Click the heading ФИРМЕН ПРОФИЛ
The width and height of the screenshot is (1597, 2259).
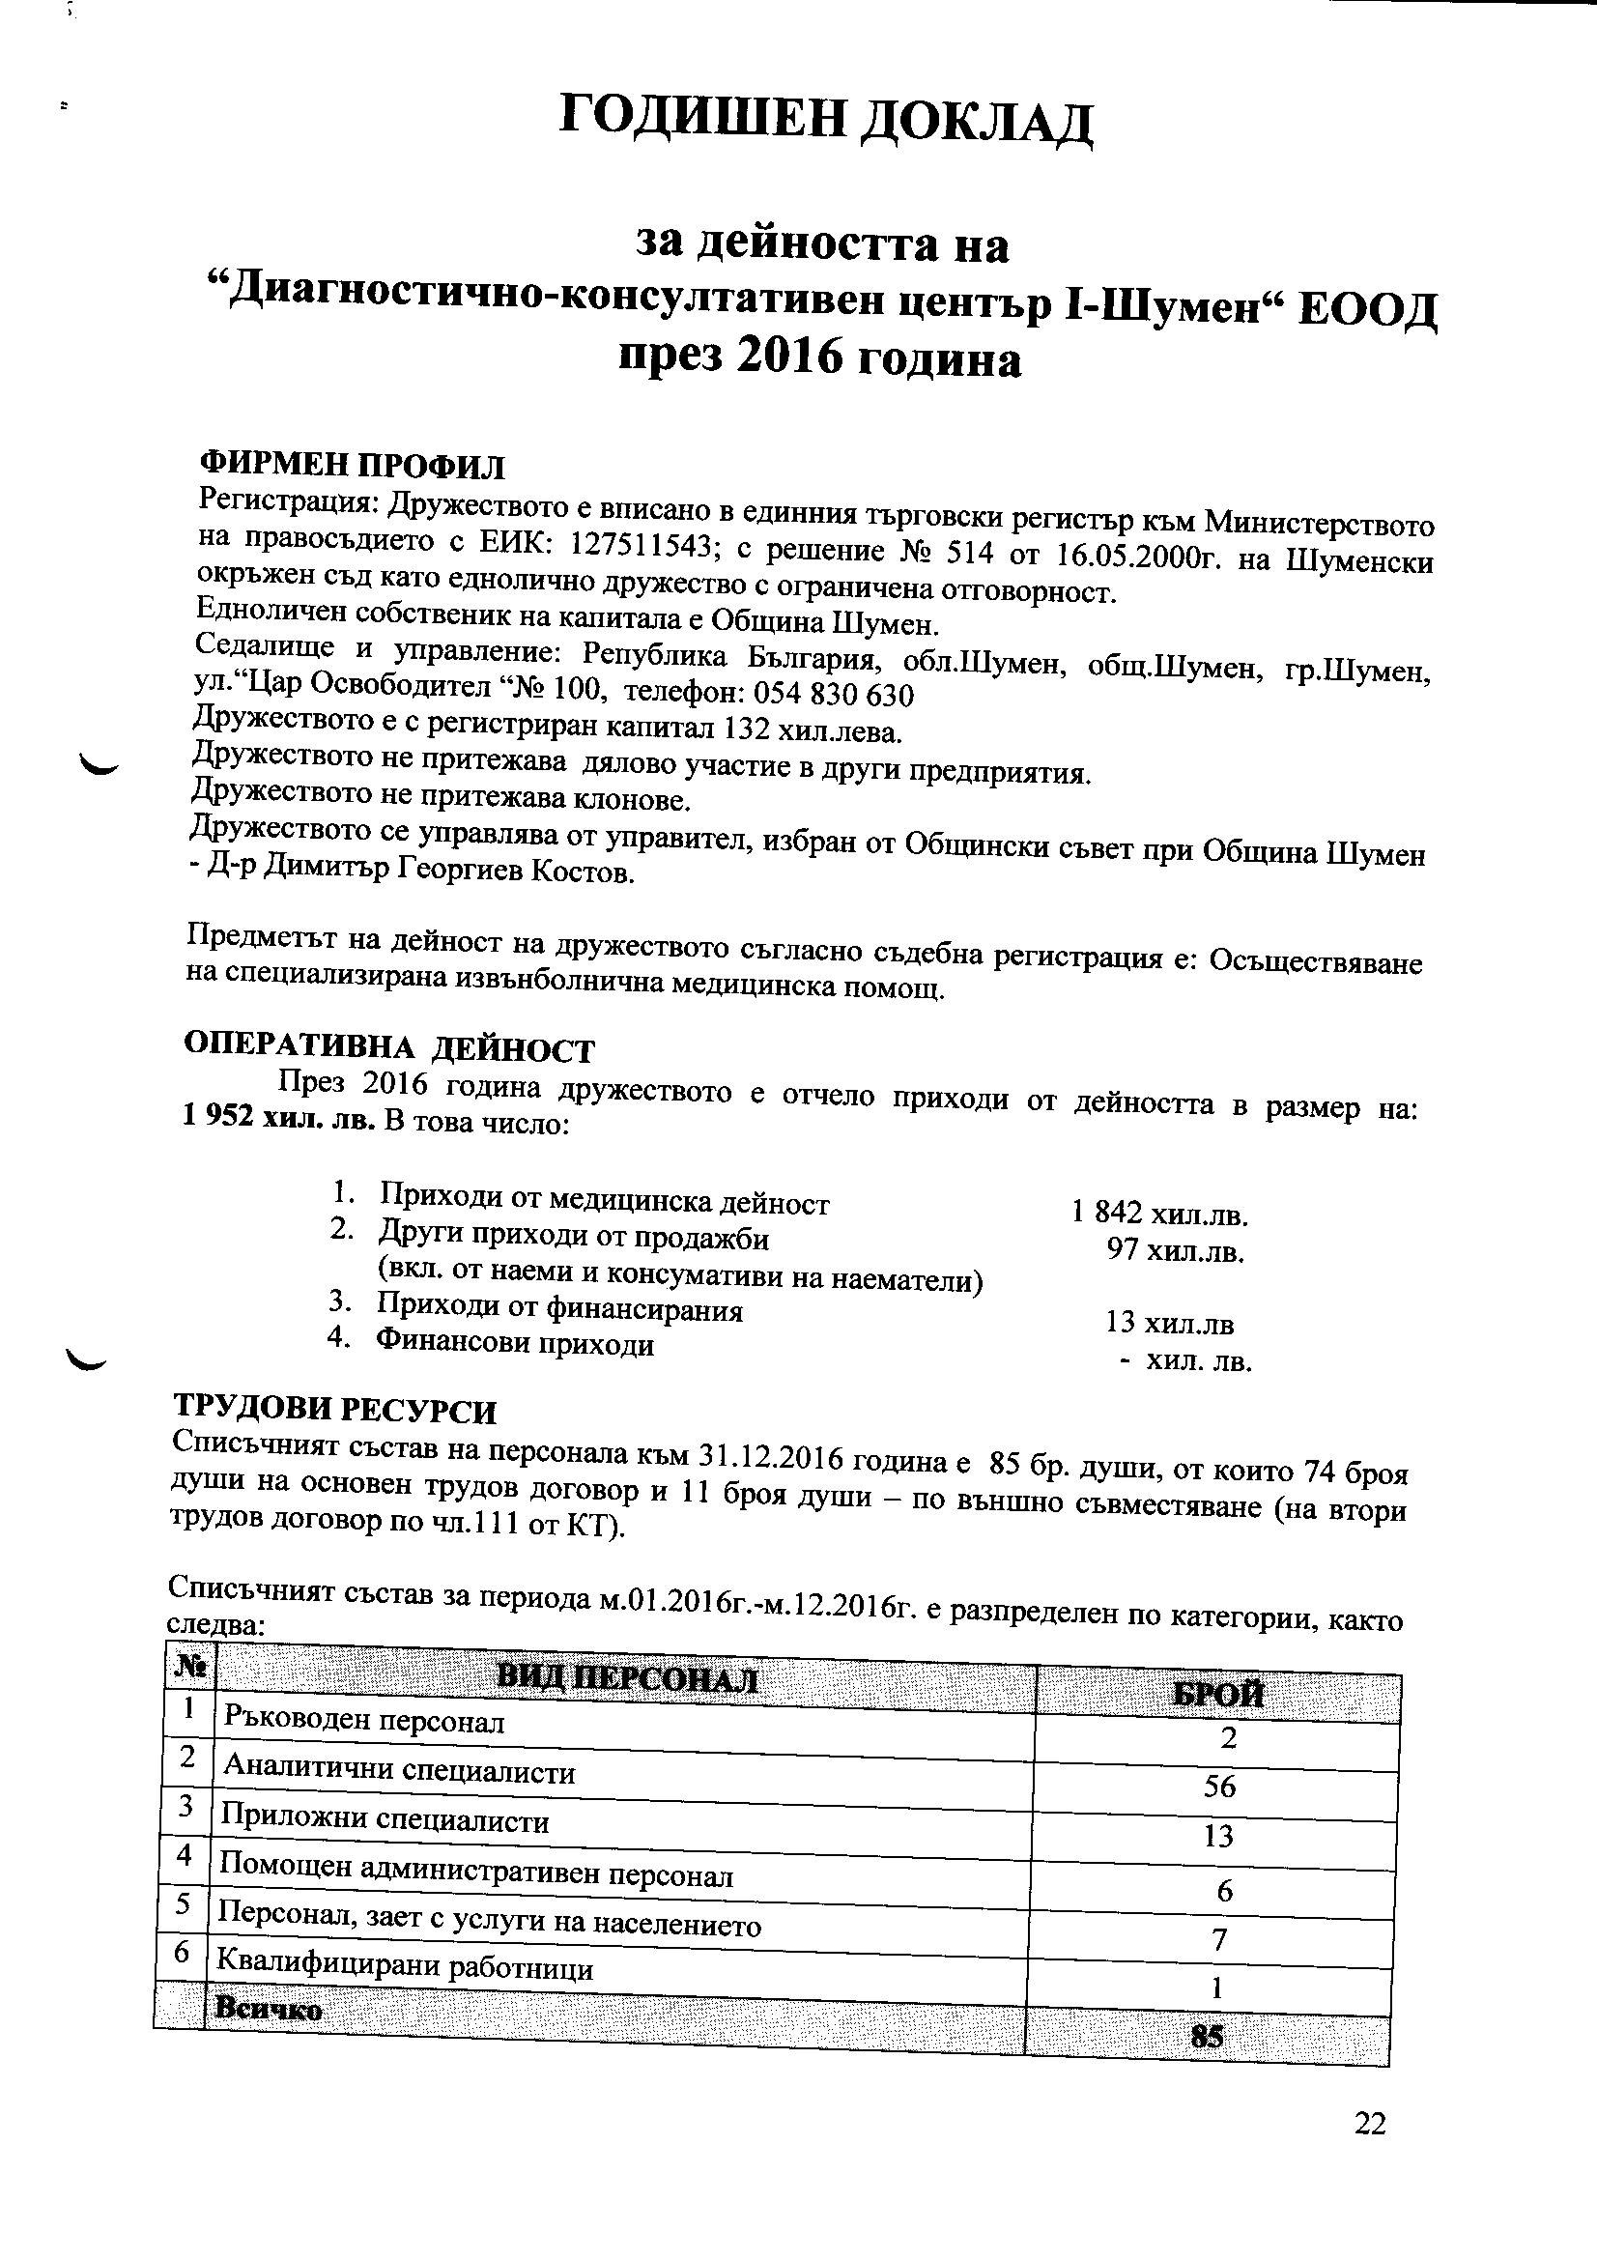tap(352, 466)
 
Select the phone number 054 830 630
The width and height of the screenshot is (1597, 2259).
tap(833, 696)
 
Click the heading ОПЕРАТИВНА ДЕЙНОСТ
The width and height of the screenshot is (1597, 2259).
tap(389, 1049)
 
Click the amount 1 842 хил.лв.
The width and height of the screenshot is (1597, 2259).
tap(1160, 1215)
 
